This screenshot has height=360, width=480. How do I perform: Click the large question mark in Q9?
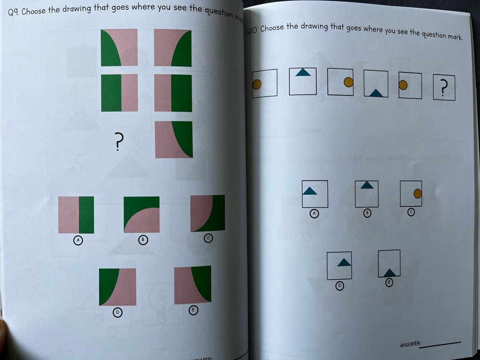(x=118, y=143)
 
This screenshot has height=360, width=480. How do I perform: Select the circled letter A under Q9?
(x=78, y=240)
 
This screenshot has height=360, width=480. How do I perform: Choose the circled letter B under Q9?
(x=143, y=240)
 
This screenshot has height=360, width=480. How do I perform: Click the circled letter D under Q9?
(x=117, y=313)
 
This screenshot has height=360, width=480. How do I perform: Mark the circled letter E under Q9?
(x=193, y=310)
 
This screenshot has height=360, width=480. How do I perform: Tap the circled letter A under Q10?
(x=314, y=214)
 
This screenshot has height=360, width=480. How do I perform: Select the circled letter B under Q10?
(x=367, y=213)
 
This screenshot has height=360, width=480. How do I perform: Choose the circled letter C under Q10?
(x=411, y=212)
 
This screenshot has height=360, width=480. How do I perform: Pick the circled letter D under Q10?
(x=339, y=286)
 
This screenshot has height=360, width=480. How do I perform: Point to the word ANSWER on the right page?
(x=410, y=344)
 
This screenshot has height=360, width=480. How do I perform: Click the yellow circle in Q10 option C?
(x=417, y=193)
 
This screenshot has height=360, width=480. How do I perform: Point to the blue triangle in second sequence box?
(x=303, y=72)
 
